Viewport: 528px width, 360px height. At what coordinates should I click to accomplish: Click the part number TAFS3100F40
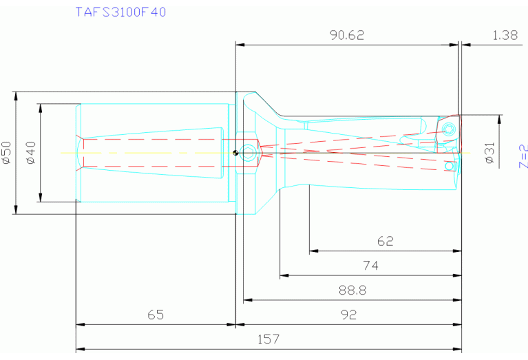coord(120,12)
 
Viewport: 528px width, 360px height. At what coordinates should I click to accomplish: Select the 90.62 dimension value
coord(346,35)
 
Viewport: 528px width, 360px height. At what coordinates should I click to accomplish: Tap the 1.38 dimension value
coord(505,35)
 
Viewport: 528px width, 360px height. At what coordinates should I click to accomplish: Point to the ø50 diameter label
coord(7,152)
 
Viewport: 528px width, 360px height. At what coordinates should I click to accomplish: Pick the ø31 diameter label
coord(489,152)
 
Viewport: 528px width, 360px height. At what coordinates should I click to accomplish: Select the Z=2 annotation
coord(522,156)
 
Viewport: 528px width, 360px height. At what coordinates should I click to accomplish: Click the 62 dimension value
coord(386,242)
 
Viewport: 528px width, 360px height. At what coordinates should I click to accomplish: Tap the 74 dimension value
coord(370,266)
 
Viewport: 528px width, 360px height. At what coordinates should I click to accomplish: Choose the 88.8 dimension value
coord(352,290)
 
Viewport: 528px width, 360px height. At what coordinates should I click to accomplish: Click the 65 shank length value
coord(156,315)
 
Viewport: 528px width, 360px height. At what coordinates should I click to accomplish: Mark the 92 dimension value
coord(349,315)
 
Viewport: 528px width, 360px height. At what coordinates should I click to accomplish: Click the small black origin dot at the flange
coord(235,153)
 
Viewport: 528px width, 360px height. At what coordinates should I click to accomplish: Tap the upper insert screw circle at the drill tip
coord(449,129)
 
